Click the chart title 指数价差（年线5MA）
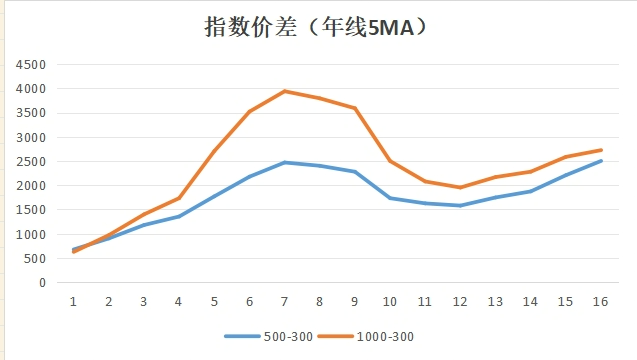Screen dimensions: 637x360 [316, 28]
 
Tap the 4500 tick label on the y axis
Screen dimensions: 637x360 [31, 65]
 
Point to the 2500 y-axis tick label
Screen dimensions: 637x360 [31, 162]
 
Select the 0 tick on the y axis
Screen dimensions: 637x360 [42, 283]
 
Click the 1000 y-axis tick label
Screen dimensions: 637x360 [31, 234]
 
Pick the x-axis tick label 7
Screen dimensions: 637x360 [284, 301]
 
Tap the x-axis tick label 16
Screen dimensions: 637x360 [600, 301]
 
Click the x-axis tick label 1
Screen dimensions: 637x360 [73, 301]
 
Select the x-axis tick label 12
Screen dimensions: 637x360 [460, 301]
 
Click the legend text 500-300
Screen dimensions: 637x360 [288, 337]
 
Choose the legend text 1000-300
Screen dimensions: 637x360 [385, 337]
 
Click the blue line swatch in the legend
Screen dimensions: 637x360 [242, 336]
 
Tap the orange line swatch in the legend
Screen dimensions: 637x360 [335, 336]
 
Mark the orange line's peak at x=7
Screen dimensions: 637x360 [285, 91]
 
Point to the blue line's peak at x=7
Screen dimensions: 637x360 [285, 163]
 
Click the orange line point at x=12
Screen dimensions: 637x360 [460, 187]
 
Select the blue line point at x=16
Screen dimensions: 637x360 [601, 161]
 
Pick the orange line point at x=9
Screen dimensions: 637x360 [355, 108]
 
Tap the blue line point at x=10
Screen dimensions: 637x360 [390, 198]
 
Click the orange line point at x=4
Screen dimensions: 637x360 [179, 198]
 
